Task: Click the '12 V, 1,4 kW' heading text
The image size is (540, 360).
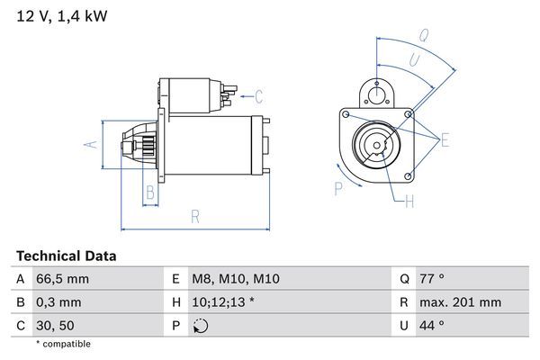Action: tap(56, 16)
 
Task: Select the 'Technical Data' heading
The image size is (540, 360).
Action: tap(66, 256)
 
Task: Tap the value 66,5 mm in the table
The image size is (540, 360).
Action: tap(62, 280)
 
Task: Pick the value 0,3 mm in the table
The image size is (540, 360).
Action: tap(58, 302)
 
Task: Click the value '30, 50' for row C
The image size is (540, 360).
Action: tap(54, 325)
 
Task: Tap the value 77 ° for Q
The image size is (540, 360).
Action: tap(432, 280)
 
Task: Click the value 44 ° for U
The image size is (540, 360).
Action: tap(432, 325)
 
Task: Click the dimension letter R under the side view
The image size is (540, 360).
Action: tap(194, 216)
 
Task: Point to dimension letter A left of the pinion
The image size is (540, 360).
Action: tap(89, 142)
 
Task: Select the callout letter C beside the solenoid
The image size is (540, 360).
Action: tap(257, 96)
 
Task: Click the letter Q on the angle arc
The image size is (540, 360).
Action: tap(423, 37)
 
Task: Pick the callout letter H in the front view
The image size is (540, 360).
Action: tap(409, 202)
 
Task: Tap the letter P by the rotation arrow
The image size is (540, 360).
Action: tap(338, 188)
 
